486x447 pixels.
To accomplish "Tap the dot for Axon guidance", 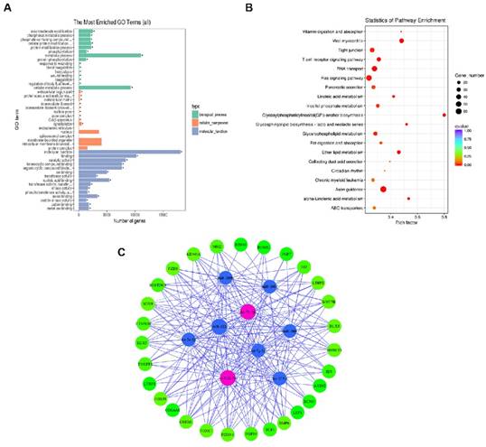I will [x=384, y=189].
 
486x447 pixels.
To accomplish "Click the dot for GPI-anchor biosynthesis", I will [x=444, y=115].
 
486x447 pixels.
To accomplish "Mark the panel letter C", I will [x=122, y=250].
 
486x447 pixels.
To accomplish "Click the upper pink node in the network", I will [x=248, y=312].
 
